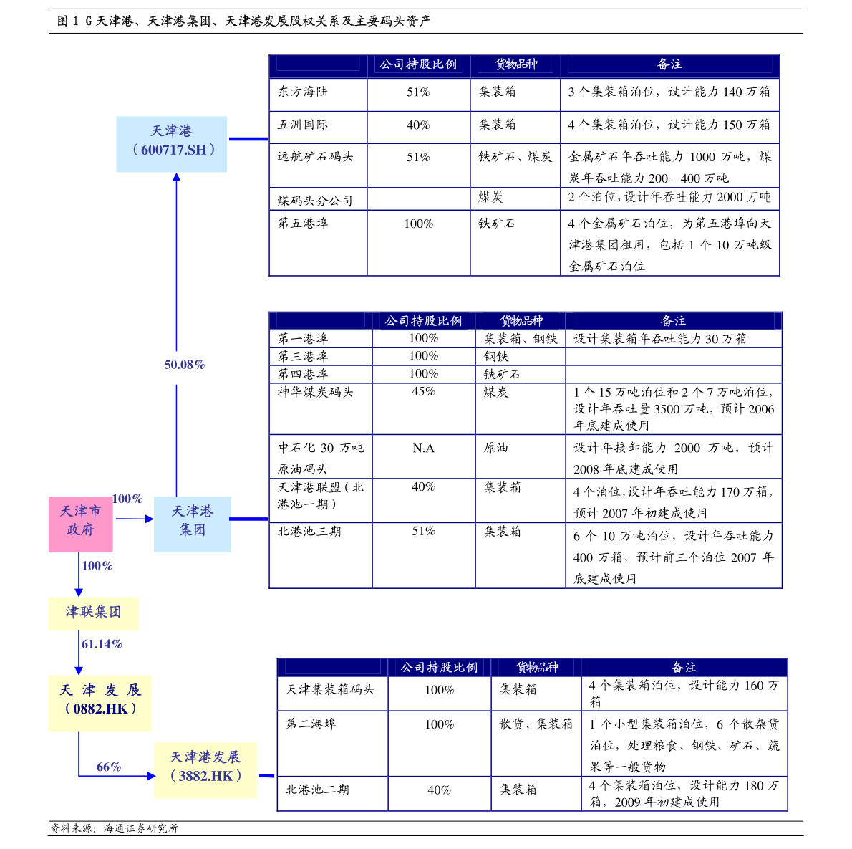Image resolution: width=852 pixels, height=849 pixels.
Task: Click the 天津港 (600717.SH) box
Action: coord(172,144)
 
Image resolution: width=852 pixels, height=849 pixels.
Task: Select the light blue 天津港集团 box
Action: coord(193,524)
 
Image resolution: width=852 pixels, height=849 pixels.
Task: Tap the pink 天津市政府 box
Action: coord(81,524)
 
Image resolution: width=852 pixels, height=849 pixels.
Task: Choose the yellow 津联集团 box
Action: coord(94,613)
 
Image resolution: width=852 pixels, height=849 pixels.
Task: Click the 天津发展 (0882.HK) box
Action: coord(100,703)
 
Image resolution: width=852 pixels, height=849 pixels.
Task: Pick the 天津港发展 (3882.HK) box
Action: coord(205,770)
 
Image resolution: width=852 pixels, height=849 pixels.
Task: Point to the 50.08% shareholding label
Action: coord(185,365)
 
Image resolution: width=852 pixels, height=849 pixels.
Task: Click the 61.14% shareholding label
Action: coord(102,645)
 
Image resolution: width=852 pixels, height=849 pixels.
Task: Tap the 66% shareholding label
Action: coord(109,768)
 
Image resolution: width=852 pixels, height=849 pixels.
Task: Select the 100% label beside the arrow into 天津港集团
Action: coord(127,499)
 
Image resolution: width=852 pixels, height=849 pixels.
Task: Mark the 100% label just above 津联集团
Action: coord(97,566)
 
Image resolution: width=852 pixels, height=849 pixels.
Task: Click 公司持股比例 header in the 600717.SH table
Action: coord(418,65)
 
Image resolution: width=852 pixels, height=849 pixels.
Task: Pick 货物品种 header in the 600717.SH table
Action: coord(516,65)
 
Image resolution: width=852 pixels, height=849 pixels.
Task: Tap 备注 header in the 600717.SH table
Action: coord(669,65)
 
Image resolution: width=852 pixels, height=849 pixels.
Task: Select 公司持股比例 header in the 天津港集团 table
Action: coord(423,322)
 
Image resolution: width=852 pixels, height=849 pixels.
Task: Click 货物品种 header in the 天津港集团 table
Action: coord(521,322)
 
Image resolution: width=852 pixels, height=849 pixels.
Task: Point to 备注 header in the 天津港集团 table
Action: coord(673,322)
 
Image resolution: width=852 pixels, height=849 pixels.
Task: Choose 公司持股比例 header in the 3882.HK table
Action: coord(439,668)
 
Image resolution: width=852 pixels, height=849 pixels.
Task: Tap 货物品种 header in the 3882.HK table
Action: coord(537,668)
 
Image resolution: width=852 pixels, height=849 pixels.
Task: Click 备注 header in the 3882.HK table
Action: coord(684,668)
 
